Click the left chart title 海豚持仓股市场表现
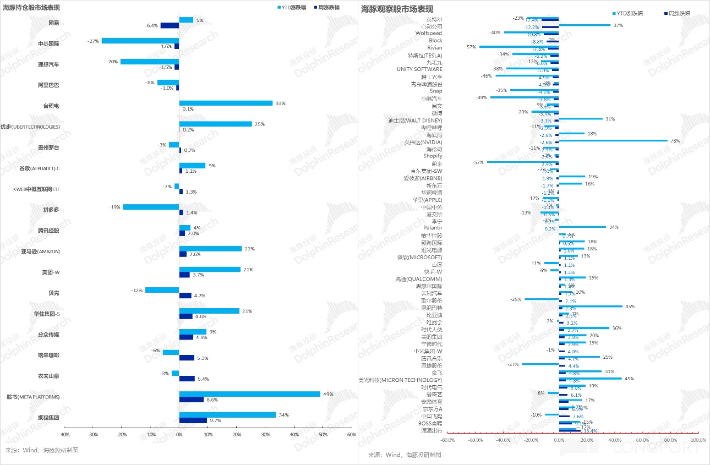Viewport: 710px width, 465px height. pos(31,8)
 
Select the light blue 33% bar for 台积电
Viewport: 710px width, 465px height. pos(226,103)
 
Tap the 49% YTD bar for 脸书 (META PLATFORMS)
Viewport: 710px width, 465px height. pos(249,394)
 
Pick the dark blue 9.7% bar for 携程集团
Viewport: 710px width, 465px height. pos(193,420)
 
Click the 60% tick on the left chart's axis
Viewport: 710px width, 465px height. pos(352,435)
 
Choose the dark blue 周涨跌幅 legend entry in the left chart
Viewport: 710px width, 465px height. pos(329,8)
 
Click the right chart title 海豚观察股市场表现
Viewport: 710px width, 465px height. pos(397,9)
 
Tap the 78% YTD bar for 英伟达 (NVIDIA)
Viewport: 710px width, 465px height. pos(613,140)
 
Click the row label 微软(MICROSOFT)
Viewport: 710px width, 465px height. pos(419,257)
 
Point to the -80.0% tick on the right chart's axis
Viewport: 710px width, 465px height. pos(447,440)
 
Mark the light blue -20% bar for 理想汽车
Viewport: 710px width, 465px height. pos(149,62)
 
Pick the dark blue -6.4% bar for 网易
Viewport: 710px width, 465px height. pos(170,25)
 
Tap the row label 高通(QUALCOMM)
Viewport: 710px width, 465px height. pos(419,279)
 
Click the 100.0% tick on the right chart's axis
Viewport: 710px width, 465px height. pos(697,440)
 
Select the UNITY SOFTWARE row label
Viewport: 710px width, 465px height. pos(419,69)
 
